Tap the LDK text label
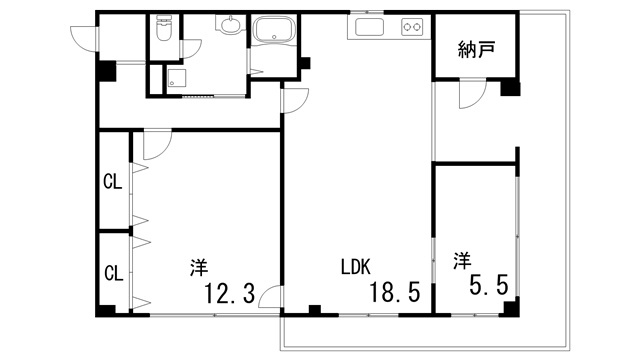click(x=355, y=267)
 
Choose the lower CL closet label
click(x=113, y=271)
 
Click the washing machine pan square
click(x=177, y=82)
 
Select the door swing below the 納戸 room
click(x=470, y=94)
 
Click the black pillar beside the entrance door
click(x=106, y=72)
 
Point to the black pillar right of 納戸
click(x=510, y=88)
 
